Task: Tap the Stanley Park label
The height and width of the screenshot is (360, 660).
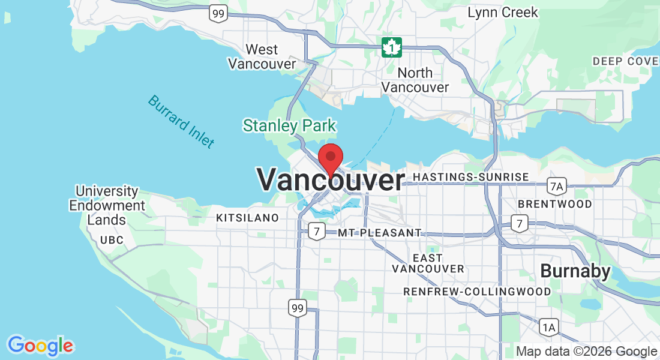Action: point(289,126)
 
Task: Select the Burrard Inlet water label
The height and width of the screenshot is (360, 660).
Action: point(181,121)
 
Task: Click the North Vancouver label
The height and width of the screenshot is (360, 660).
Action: point(415,80)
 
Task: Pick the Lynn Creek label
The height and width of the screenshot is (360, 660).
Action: point(503,13)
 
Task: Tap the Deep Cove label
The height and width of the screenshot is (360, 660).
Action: point(625,61)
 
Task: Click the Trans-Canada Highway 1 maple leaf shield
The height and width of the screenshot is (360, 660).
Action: point(392,47)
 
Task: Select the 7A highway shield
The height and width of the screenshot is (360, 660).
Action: point(557,186)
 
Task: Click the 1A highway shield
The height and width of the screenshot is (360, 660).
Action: point(548,327)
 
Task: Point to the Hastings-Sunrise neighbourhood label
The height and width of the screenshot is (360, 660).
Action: point(471,177)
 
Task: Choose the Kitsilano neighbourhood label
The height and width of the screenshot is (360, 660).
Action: point(247,217)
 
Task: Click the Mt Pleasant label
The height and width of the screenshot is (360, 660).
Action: point(380,232)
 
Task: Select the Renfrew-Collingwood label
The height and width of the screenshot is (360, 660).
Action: point(477,292)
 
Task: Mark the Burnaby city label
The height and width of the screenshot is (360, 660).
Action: point(575,271)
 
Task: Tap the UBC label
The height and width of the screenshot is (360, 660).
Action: point(112,240)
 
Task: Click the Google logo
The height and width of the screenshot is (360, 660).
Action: point(41,346)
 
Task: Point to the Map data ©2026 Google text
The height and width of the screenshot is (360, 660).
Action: point(586,352)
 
